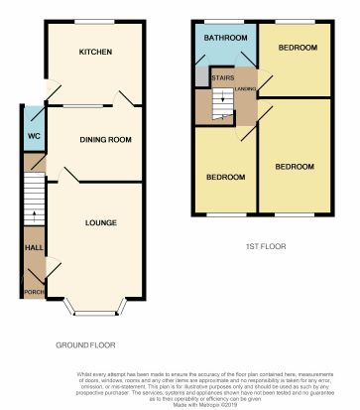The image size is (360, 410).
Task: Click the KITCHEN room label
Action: coord(94,52)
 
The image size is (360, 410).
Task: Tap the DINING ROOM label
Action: coord(106,140)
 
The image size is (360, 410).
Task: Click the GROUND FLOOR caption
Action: coord(84,345)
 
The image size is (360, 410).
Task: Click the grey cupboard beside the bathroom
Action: coord(202,75)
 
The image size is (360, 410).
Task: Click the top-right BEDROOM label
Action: coord(298,48)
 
